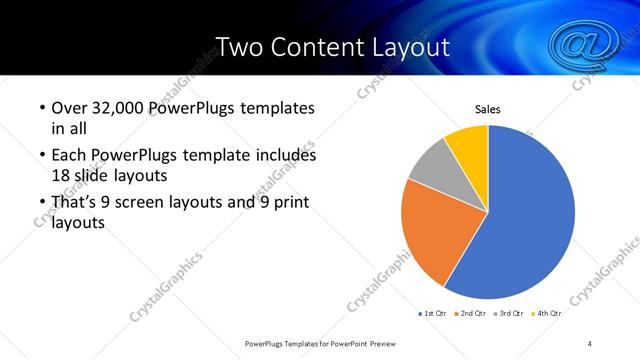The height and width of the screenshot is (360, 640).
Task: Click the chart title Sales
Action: (x=487, y=109)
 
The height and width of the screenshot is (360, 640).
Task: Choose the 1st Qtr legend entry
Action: (x=432, y=313)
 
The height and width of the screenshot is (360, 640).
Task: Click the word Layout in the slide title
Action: (x=405, y=46)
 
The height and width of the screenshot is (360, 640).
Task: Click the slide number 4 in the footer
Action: (x=590, y=343)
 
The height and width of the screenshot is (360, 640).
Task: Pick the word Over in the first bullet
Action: (x=68, y=108)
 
